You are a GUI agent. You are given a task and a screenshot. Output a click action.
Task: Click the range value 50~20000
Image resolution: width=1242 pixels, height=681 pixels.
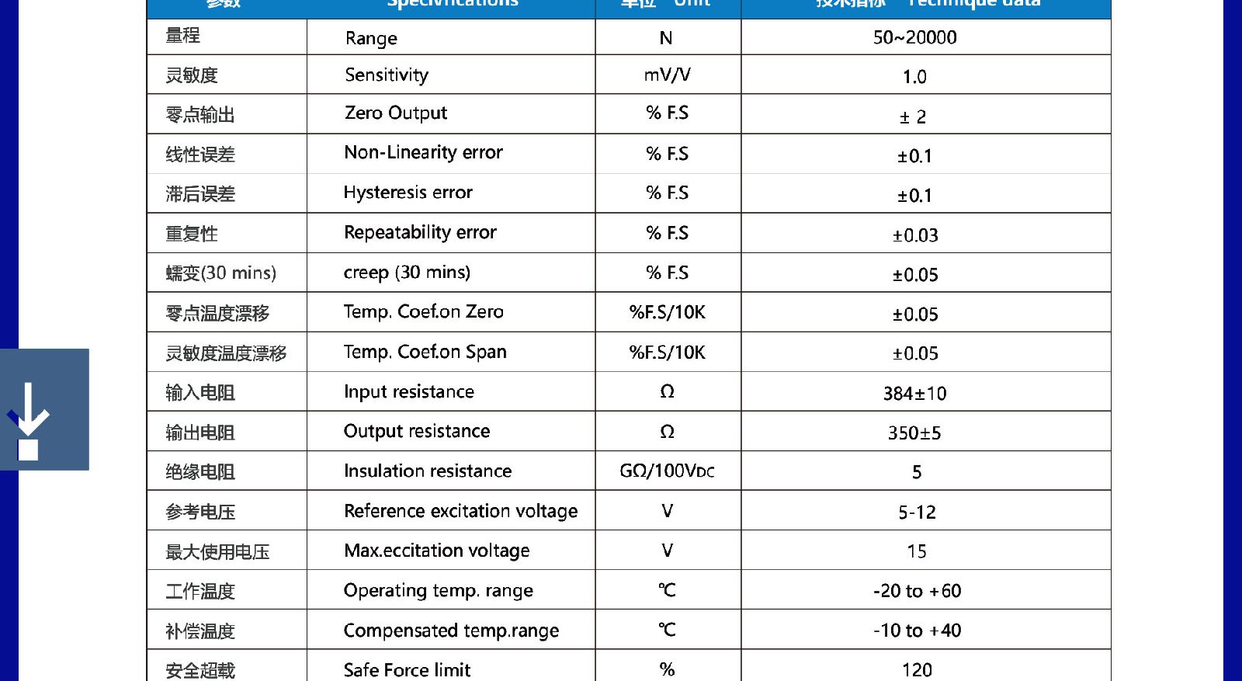pyautogui.click(x=914, y=37)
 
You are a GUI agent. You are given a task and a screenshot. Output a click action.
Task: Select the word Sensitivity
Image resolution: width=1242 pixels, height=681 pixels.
pyautogui.click(x=387, y=75)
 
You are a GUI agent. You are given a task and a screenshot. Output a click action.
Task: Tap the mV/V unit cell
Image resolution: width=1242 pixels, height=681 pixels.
pyautogui.click(x=667, y=75)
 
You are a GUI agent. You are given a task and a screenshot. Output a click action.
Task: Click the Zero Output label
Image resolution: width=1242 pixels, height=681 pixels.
pyautogui.click(x=396, y=113)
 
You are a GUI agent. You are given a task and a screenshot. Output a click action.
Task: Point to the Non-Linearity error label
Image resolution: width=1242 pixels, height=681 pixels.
pyautogui.click(x=423, y=153)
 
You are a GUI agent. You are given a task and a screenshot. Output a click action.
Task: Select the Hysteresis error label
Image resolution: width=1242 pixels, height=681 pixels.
pyautogui.click(x=408, y=193)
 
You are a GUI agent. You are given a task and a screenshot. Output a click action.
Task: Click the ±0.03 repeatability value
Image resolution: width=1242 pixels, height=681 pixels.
pyautogui.click(x=915, y=235)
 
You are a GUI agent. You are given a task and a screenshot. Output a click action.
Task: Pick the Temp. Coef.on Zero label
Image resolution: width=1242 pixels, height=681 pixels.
pyautogui.click(x=423, y=312)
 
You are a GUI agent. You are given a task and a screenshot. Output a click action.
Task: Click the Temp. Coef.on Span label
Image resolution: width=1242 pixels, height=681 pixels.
pyautogui.click(x=425, y=353)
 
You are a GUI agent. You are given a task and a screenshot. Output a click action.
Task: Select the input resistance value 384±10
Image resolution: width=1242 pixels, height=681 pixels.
pyautogui.click(x=914, y=394)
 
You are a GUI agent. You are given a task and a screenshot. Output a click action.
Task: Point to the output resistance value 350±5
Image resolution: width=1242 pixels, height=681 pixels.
pyautogui.click(x=914, y=433)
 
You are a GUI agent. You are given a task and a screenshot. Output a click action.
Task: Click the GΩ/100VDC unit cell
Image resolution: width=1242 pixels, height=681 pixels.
pyautogui.click(x=667, y=471)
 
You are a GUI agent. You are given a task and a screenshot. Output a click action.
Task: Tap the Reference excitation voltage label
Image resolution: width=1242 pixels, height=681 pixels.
pyautogui.click(x=460, y=511)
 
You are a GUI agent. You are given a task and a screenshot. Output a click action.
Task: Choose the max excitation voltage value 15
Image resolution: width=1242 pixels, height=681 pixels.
pyautogui.click(x=916, y=551)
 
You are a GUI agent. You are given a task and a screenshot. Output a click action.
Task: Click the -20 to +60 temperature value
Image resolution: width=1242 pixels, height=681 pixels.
pyautogui.click(x=917, y=591)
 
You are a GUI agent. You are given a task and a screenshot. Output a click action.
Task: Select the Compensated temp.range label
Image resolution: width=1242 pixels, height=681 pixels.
pyautogui.click(x=451, y=631)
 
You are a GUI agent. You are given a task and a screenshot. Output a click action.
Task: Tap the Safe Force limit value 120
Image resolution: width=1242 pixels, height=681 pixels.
pyautogui.click(x=917, y=669)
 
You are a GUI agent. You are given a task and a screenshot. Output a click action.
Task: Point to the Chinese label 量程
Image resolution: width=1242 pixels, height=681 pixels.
pyautogui.click(x=183, y=36)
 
